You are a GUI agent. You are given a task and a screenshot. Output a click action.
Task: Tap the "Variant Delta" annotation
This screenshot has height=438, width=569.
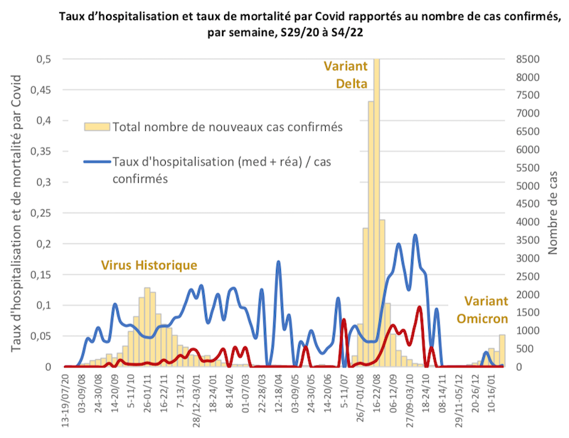pos(346,75)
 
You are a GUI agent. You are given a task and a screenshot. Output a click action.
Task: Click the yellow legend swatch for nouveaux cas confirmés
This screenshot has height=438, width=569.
pos(97,127)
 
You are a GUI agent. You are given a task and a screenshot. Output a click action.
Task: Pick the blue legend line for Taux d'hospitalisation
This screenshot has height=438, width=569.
pos(97,162)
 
